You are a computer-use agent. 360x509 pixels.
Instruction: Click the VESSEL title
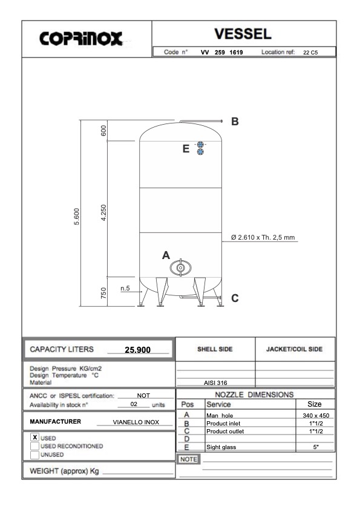243,33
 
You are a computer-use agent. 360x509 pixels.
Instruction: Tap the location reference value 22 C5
310,53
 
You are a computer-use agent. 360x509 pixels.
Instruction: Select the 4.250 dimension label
103,213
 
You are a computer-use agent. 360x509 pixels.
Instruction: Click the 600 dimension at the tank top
103,131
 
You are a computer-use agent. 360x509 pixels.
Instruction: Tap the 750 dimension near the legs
103,293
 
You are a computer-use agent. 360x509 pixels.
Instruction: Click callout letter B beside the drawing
235,121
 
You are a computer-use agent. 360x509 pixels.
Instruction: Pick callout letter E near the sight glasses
186,149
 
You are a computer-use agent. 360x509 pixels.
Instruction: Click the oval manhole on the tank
180,267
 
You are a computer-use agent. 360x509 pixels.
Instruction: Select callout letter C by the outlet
235,298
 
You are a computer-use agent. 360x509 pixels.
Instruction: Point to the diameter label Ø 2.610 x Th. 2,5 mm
263,237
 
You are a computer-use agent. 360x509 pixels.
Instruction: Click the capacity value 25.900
137,350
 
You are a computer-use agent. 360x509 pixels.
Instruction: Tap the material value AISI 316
215,383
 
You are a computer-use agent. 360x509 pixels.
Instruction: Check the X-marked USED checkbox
34,437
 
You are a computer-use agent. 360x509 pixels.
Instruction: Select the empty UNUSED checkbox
34,454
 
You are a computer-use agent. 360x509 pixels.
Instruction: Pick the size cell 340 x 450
315,416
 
